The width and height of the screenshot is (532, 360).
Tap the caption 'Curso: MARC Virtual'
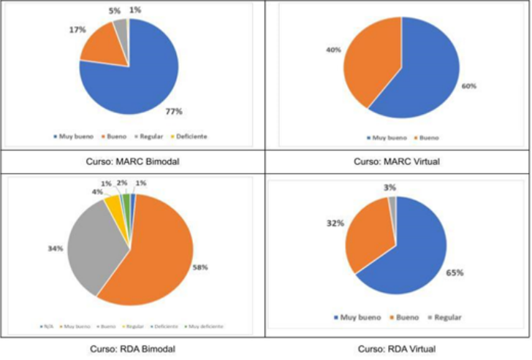[398, 161]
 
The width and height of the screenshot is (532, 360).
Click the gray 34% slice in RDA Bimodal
[91, 245]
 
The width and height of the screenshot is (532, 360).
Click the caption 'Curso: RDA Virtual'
[398, 348]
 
